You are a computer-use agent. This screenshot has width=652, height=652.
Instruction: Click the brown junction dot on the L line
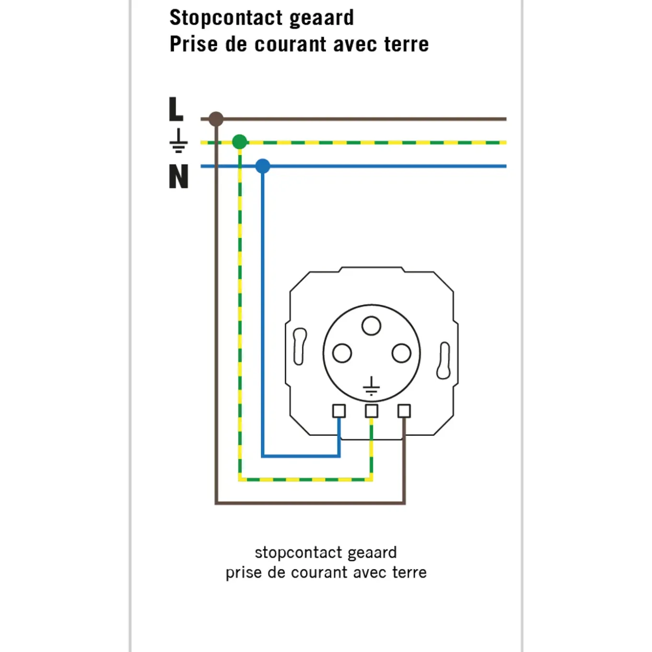tap(216, 119)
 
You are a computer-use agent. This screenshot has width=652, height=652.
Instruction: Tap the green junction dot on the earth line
tap(240, 142)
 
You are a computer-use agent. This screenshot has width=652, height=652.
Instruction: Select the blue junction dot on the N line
tap(263, 166)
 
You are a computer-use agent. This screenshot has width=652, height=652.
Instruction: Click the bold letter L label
tap(176, 109)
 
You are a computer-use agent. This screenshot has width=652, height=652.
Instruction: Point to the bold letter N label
tap(179, 176)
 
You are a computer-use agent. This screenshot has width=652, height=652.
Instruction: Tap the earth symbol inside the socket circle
tap(371, 386)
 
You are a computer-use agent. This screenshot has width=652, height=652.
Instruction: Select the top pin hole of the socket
tap(371, 326)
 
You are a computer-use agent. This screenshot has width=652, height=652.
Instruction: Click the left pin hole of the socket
tap(342, 353)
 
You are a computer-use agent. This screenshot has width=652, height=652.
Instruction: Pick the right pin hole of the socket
tap(401, 353)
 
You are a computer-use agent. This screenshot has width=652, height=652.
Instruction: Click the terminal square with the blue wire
tap(339, 411)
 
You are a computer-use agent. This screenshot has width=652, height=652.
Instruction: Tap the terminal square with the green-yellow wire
tap(372, 411)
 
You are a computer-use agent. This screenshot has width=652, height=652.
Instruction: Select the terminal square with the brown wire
tap(404, 411)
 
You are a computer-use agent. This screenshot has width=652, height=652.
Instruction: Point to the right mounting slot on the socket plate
tap(444, 361)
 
